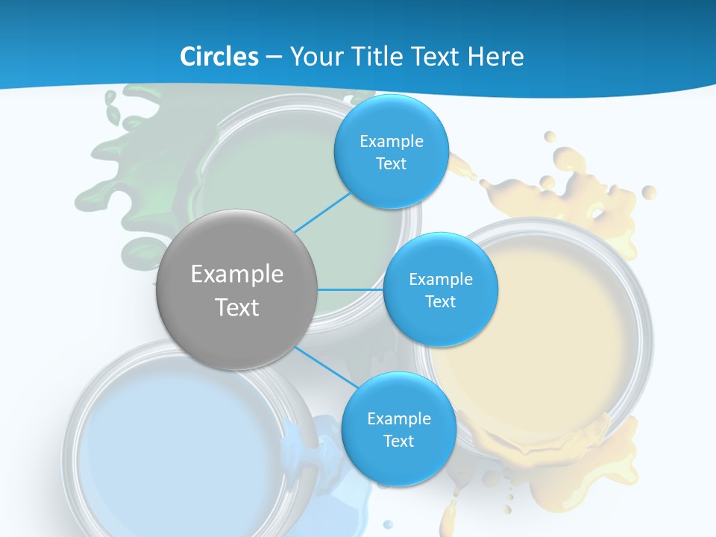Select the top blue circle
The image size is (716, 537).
click(x=391, y=151)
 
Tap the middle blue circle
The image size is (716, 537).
click(x=440, y=289)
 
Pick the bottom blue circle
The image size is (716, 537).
click(x=398, y=429)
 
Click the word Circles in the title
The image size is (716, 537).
click(x=219, y=57)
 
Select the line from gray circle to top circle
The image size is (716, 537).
click(x=322, y=212)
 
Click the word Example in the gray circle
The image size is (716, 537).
click(x=237, y=274)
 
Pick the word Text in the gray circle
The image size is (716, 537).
click(x=237, y=307)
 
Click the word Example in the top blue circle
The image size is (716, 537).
click(x=391, y=142)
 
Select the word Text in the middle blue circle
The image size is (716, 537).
click(x=440, y=301)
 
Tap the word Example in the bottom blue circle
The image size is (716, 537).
click(x=398, y=418)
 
